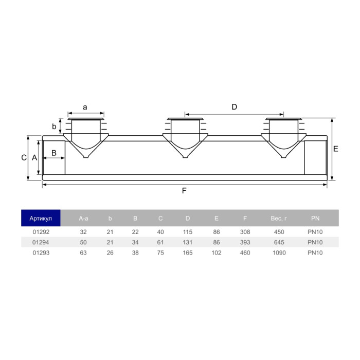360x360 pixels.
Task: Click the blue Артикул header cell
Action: (41, 218)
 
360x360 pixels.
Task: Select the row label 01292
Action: (41, 232)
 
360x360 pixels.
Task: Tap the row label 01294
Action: (41, 242)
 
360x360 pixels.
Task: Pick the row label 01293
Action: (41, 253)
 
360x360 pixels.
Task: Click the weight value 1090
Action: (279, 253)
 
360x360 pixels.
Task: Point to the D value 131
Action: (188, 242)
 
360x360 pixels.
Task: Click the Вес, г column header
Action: (279, 218)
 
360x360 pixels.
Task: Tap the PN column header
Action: (315, 218)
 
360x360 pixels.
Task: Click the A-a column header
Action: (84, 218)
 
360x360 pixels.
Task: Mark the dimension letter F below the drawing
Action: (184, 191)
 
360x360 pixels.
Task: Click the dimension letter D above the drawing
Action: (234, 107)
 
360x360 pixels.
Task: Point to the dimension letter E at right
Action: (335, 149)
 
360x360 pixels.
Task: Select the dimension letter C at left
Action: (24, 158)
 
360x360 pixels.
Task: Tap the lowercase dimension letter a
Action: (85, 107)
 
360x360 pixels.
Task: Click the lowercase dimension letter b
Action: (54, 127)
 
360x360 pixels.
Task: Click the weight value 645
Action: (279, 242)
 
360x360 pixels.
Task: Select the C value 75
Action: (160, 253)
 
